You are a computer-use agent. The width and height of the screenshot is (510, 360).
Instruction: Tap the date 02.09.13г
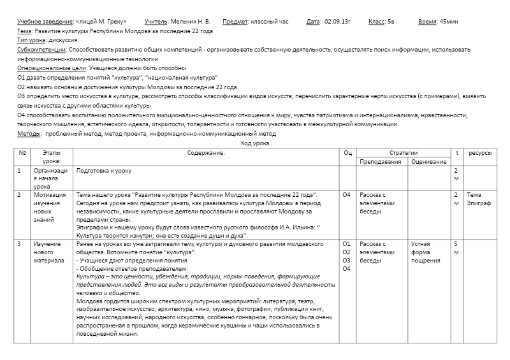click(338, 22)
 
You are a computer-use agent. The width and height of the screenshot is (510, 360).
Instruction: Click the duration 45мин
click(450, 22)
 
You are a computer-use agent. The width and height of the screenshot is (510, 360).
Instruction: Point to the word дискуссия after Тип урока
click(65, 40)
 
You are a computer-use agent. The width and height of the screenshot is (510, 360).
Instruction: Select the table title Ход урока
click(254, 143)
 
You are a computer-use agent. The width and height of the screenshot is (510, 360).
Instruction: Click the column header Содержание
click(206, 153)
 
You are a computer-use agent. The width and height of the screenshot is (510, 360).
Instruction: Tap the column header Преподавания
click(380, 162)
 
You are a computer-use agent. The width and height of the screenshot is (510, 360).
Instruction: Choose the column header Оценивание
click(428, 162)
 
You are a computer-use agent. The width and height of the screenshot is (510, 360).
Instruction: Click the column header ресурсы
click(480, 153)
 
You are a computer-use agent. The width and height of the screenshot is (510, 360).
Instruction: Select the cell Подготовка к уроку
click(103, 171)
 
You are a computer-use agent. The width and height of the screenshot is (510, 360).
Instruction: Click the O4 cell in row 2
click(347, 195)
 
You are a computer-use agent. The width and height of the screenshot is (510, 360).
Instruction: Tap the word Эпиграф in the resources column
click(479, 203)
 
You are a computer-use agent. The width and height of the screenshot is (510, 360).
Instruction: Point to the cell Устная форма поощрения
click(425, 252)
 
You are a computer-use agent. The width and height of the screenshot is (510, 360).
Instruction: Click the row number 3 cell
click(19, 244)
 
